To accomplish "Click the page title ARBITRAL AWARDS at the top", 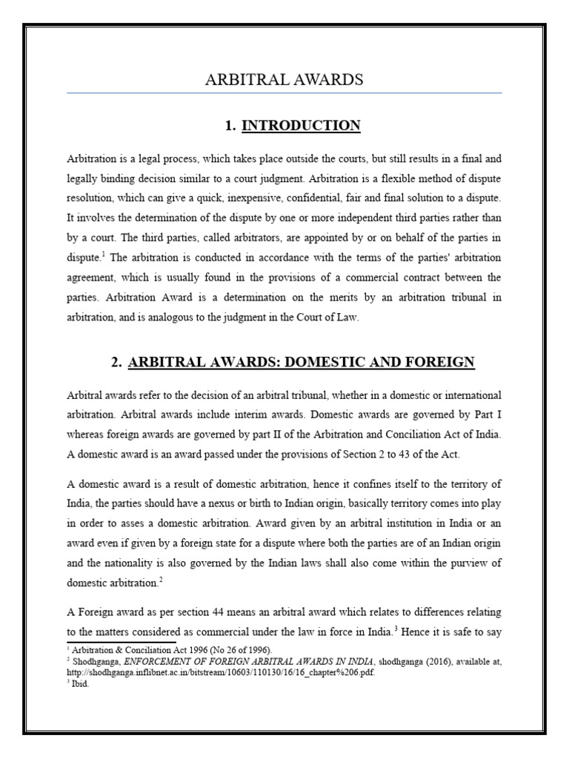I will (x=284, y=80).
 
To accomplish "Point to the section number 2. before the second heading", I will (x=116, y=363).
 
